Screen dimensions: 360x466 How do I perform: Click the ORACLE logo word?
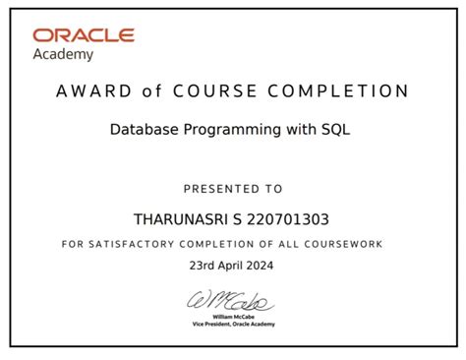coord(84,36)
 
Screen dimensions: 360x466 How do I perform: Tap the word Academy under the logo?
coord(65,55)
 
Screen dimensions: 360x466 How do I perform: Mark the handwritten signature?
coord(233,299)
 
